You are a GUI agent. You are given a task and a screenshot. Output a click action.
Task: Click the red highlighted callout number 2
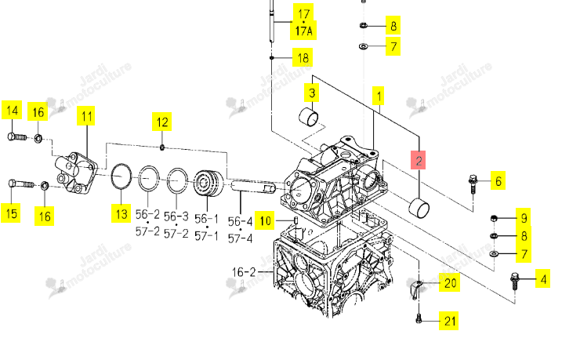(419, 160)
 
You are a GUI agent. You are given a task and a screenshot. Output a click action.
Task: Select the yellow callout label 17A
(303, 31)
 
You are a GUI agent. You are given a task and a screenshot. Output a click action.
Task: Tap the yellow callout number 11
(86, 116)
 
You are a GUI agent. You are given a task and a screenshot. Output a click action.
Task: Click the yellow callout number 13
(121, 213)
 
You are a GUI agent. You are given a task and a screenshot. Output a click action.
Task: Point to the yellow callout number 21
(448, 321)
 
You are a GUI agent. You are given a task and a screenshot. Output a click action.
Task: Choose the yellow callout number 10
(265, 221)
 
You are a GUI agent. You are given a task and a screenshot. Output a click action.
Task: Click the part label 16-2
(244, 272)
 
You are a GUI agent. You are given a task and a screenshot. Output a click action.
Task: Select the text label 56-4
(240, 222)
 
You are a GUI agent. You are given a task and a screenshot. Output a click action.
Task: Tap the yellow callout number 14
(12, 111)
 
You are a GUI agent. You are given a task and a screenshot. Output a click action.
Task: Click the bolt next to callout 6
(473, 184)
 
